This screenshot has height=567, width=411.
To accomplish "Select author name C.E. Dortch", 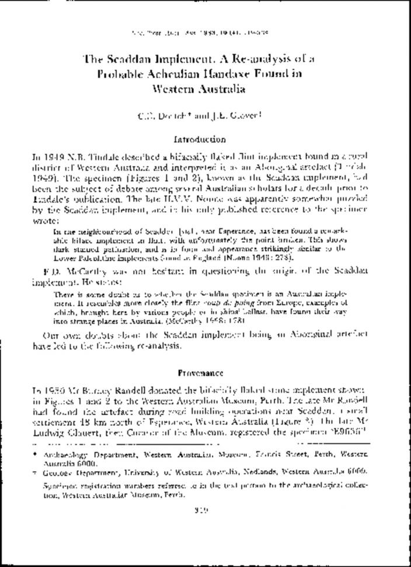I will [x=165, y=115].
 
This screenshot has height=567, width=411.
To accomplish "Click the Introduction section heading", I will [x=200, y=140].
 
